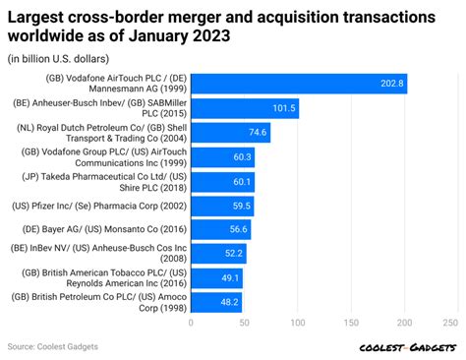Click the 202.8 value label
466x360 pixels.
(x=391, y=84)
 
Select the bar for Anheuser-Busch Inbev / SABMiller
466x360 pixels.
(x=244, y=108)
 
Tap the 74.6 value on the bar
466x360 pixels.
(x=255, y=133)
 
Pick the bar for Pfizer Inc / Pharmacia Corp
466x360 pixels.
(x=221, y=207)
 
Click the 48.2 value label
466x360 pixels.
(x=229, y=302)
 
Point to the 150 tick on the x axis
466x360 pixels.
(x=348, y=322)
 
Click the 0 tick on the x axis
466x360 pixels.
(x=191, y=322)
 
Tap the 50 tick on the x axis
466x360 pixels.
(x=243, y=322)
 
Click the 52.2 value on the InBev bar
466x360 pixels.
(x=232, y=254)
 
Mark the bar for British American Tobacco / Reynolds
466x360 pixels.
(x=216, y=278)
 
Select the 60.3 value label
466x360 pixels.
(x=241, y=157)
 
